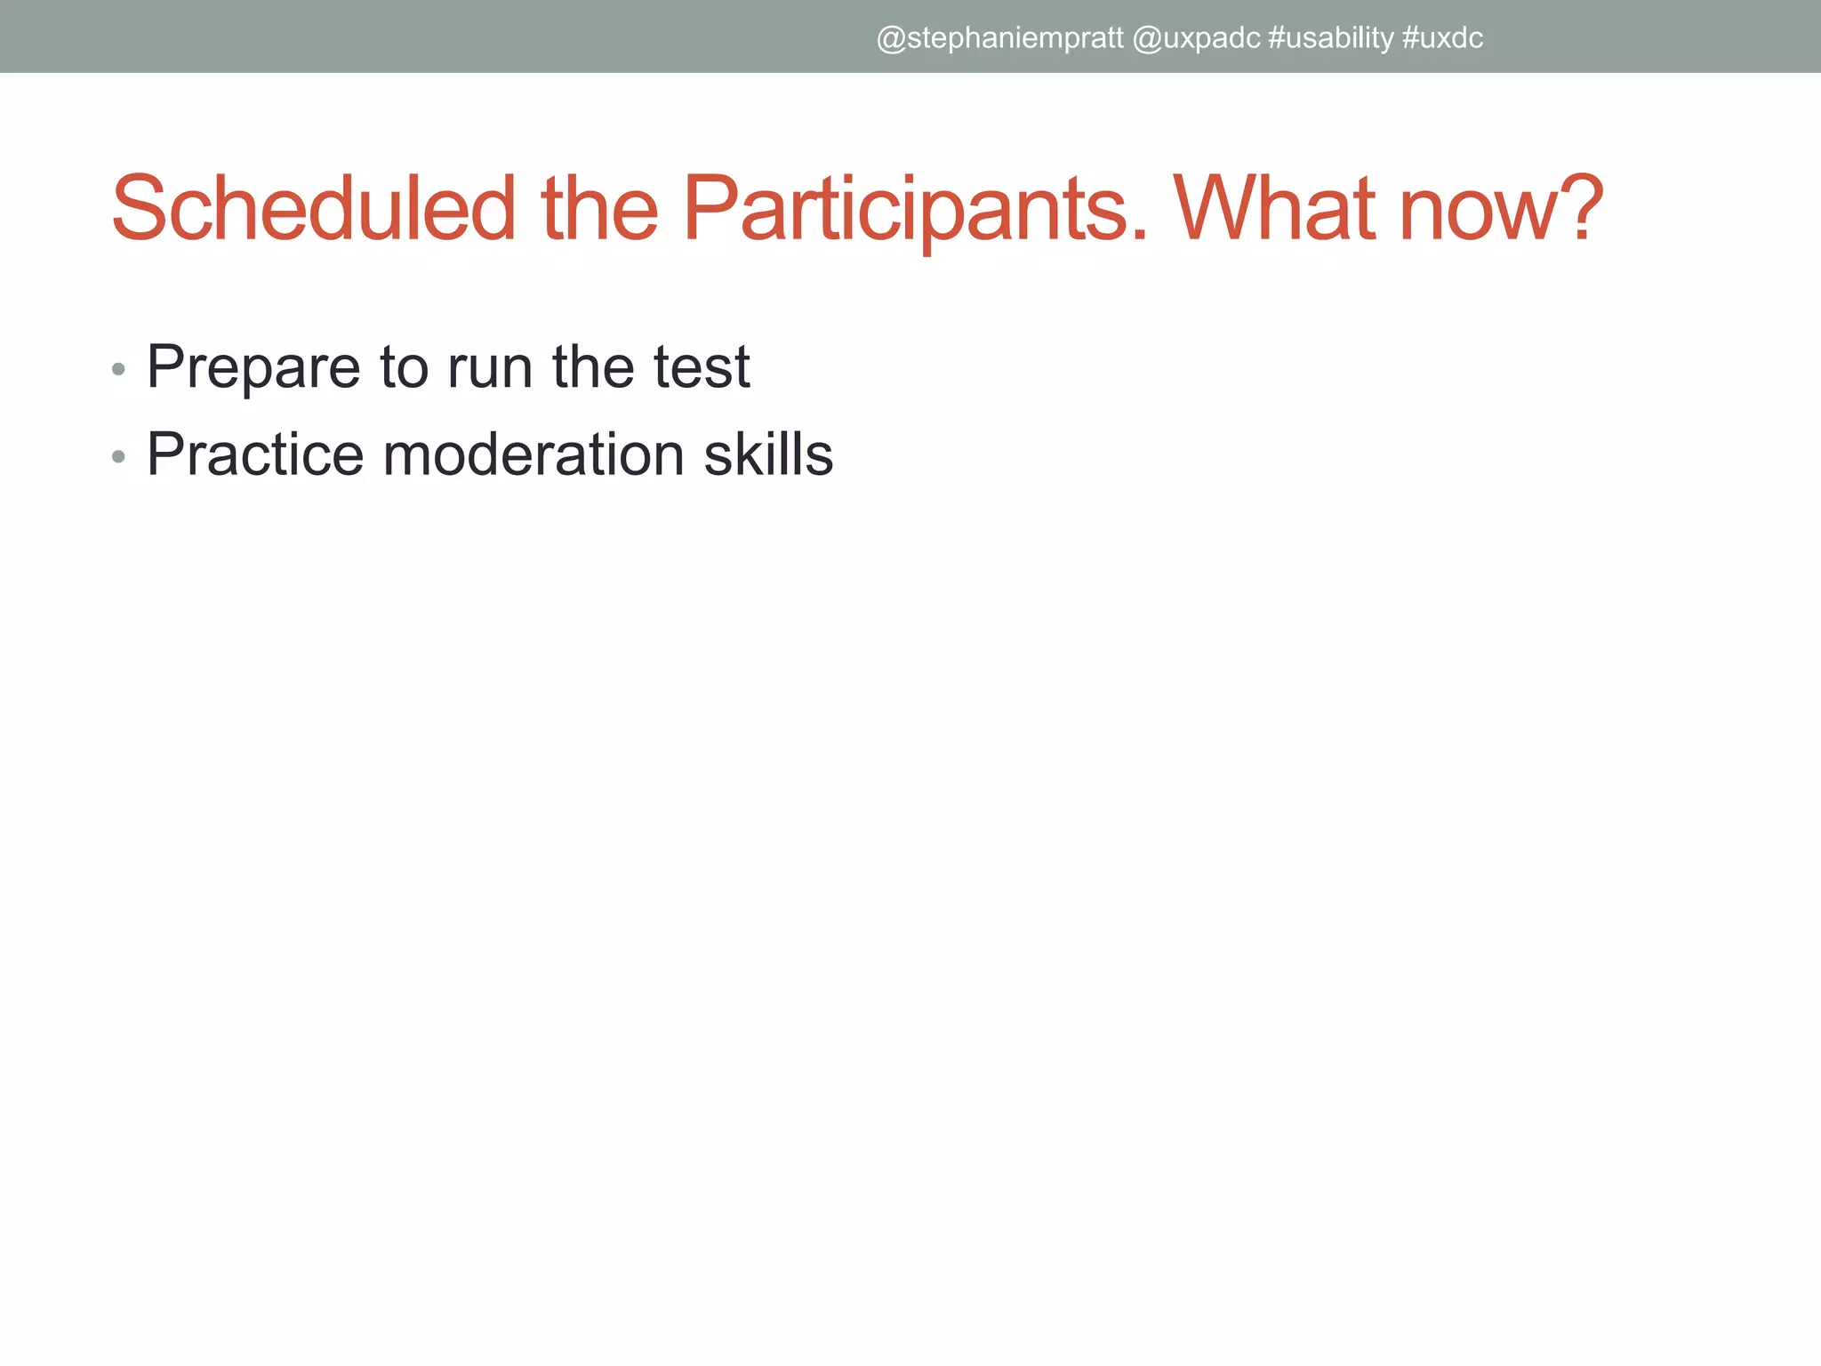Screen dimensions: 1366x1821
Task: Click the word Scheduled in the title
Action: tap(313, 209)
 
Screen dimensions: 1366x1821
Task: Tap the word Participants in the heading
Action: tap(914, 209)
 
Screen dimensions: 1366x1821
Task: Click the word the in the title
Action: tap(599, 209)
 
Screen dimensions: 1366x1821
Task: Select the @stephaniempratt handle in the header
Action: tap(999, 38)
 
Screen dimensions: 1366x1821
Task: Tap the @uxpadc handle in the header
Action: tap(1196, 38)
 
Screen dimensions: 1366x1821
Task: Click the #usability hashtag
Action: tap(1330, 38)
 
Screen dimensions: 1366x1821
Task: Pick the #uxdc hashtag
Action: tap(1442, 38)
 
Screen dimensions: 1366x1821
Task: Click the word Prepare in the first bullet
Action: tap(253, 368)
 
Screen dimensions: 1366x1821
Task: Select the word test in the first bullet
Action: tap(702, 368)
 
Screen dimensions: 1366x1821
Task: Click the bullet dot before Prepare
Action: tap(118, 369)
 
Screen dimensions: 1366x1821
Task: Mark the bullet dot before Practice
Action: tap(118, 457)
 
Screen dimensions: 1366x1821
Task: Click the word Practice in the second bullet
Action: tap(255, 454)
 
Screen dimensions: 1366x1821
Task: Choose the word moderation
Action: tap(533, 454)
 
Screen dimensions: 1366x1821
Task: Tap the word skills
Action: tap(768, 454)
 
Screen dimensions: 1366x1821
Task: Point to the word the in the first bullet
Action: tap(592, 366)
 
